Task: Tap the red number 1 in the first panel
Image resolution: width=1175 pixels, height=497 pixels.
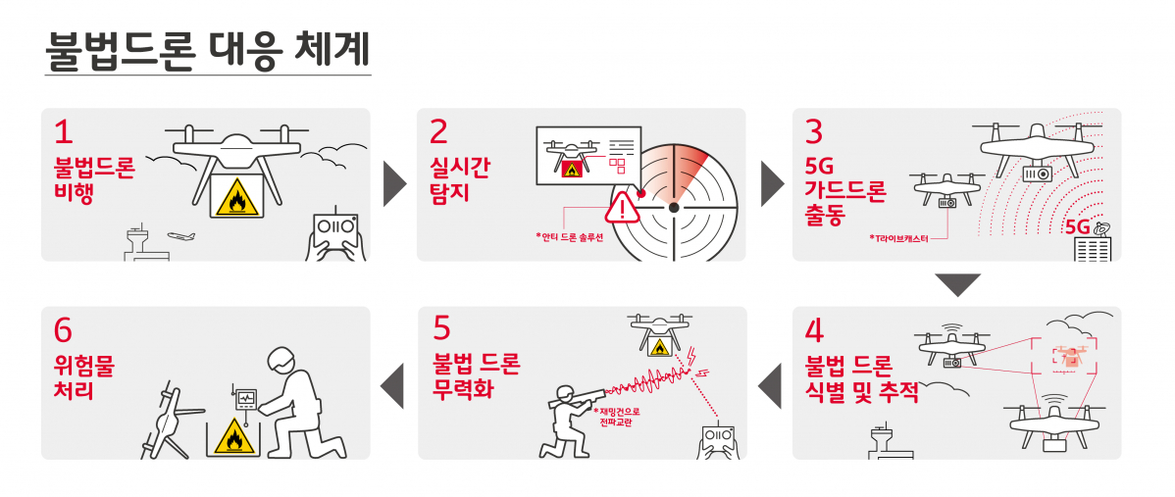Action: click(64, 131)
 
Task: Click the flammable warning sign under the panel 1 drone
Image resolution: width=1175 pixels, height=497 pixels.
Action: click(235, 198)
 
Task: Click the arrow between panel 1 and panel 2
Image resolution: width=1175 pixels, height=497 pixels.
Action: click(394, 183)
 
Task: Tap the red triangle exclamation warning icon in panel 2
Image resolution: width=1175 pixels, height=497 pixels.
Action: click(622, 207)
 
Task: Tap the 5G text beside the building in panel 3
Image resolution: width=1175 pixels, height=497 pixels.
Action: click(1077, 226)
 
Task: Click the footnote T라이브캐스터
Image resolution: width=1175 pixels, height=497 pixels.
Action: click(900, 238)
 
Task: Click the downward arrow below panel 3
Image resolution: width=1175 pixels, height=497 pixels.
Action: click(957, 285)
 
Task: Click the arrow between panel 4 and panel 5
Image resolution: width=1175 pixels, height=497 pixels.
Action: click(772, 383)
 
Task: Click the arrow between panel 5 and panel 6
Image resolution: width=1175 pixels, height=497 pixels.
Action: click(393, 383)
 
